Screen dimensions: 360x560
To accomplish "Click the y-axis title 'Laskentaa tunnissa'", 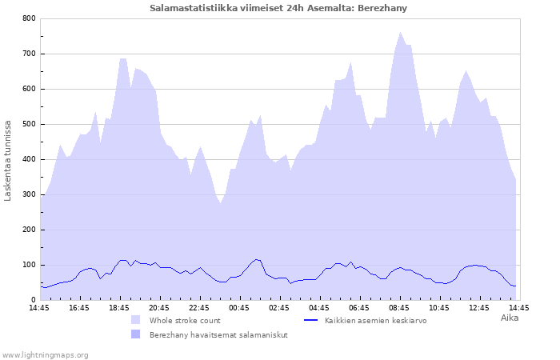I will [x=8, y=160].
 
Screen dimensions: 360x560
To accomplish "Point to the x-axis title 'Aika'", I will [x=510, y=318].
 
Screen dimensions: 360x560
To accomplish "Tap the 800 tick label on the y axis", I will [x=29, y=18].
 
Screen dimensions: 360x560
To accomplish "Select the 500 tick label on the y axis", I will [x=29, y=124].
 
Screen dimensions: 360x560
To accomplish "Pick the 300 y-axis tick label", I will [x=29, y=194].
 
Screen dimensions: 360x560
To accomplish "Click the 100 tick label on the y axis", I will [x=29, y=265].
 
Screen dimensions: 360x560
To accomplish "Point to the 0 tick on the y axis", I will [x=34, y=300].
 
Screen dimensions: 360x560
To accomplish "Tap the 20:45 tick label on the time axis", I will [x=159, y=307].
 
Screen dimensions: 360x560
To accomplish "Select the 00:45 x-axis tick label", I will [x=239, y=307].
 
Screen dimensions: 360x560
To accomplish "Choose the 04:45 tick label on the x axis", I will [x=319, y=307].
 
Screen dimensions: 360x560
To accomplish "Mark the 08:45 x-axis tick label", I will [x=399, y=307].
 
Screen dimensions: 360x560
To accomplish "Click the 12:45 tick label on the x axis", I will [x=479, y=307].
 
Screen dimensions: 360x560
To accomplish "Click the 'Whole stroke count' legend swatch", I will [x=135, y=320].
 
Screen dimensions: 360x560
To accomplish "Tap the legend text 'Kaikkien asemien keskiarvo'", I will [x=375, y=320].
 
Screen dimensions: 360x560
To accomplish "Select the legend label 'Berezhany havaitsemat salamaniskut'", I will [x=218, y=335].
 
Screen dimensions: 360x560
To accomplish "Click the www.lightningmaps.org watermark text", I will [x=45, y=354].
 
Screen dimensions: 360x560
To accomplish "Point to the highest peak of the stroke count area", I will [x=400, y=33].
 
